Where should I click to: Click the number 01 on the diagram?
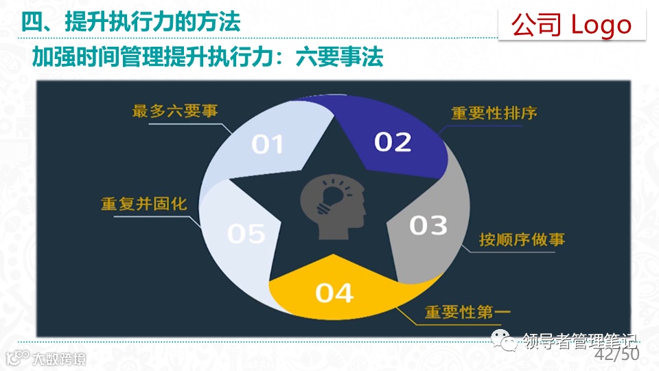tap(268, 144)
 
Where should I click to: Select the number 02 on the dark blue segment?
tap(393, 142)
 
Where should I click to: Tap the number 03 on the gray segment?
tap(428, 225)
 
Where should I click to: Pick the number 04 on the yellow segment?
tap(334, 293)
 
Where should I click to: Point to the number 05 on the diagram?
tap(246, 234)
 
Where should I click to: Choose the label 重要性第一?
tap(467, 313)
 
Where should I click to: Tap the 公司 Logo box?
tap(571, 25)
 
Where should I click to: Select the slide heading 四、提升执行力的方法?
tap(130, 22)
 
